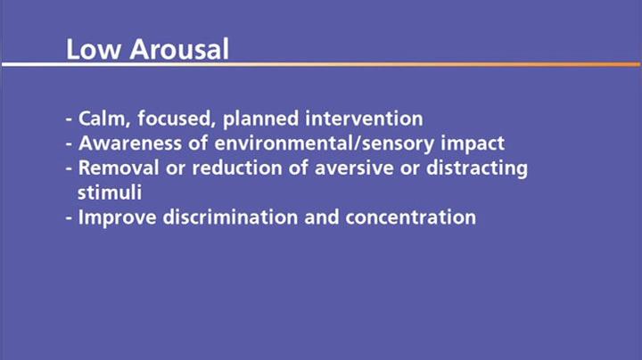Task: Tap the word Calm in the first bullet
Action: click(102, 119)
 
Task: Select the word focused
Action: click(169, 119)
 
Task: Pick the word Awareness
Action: click(124, 143)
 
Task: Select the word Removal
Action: click(113, 168)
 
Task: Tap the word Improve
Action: click(112, 217)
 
